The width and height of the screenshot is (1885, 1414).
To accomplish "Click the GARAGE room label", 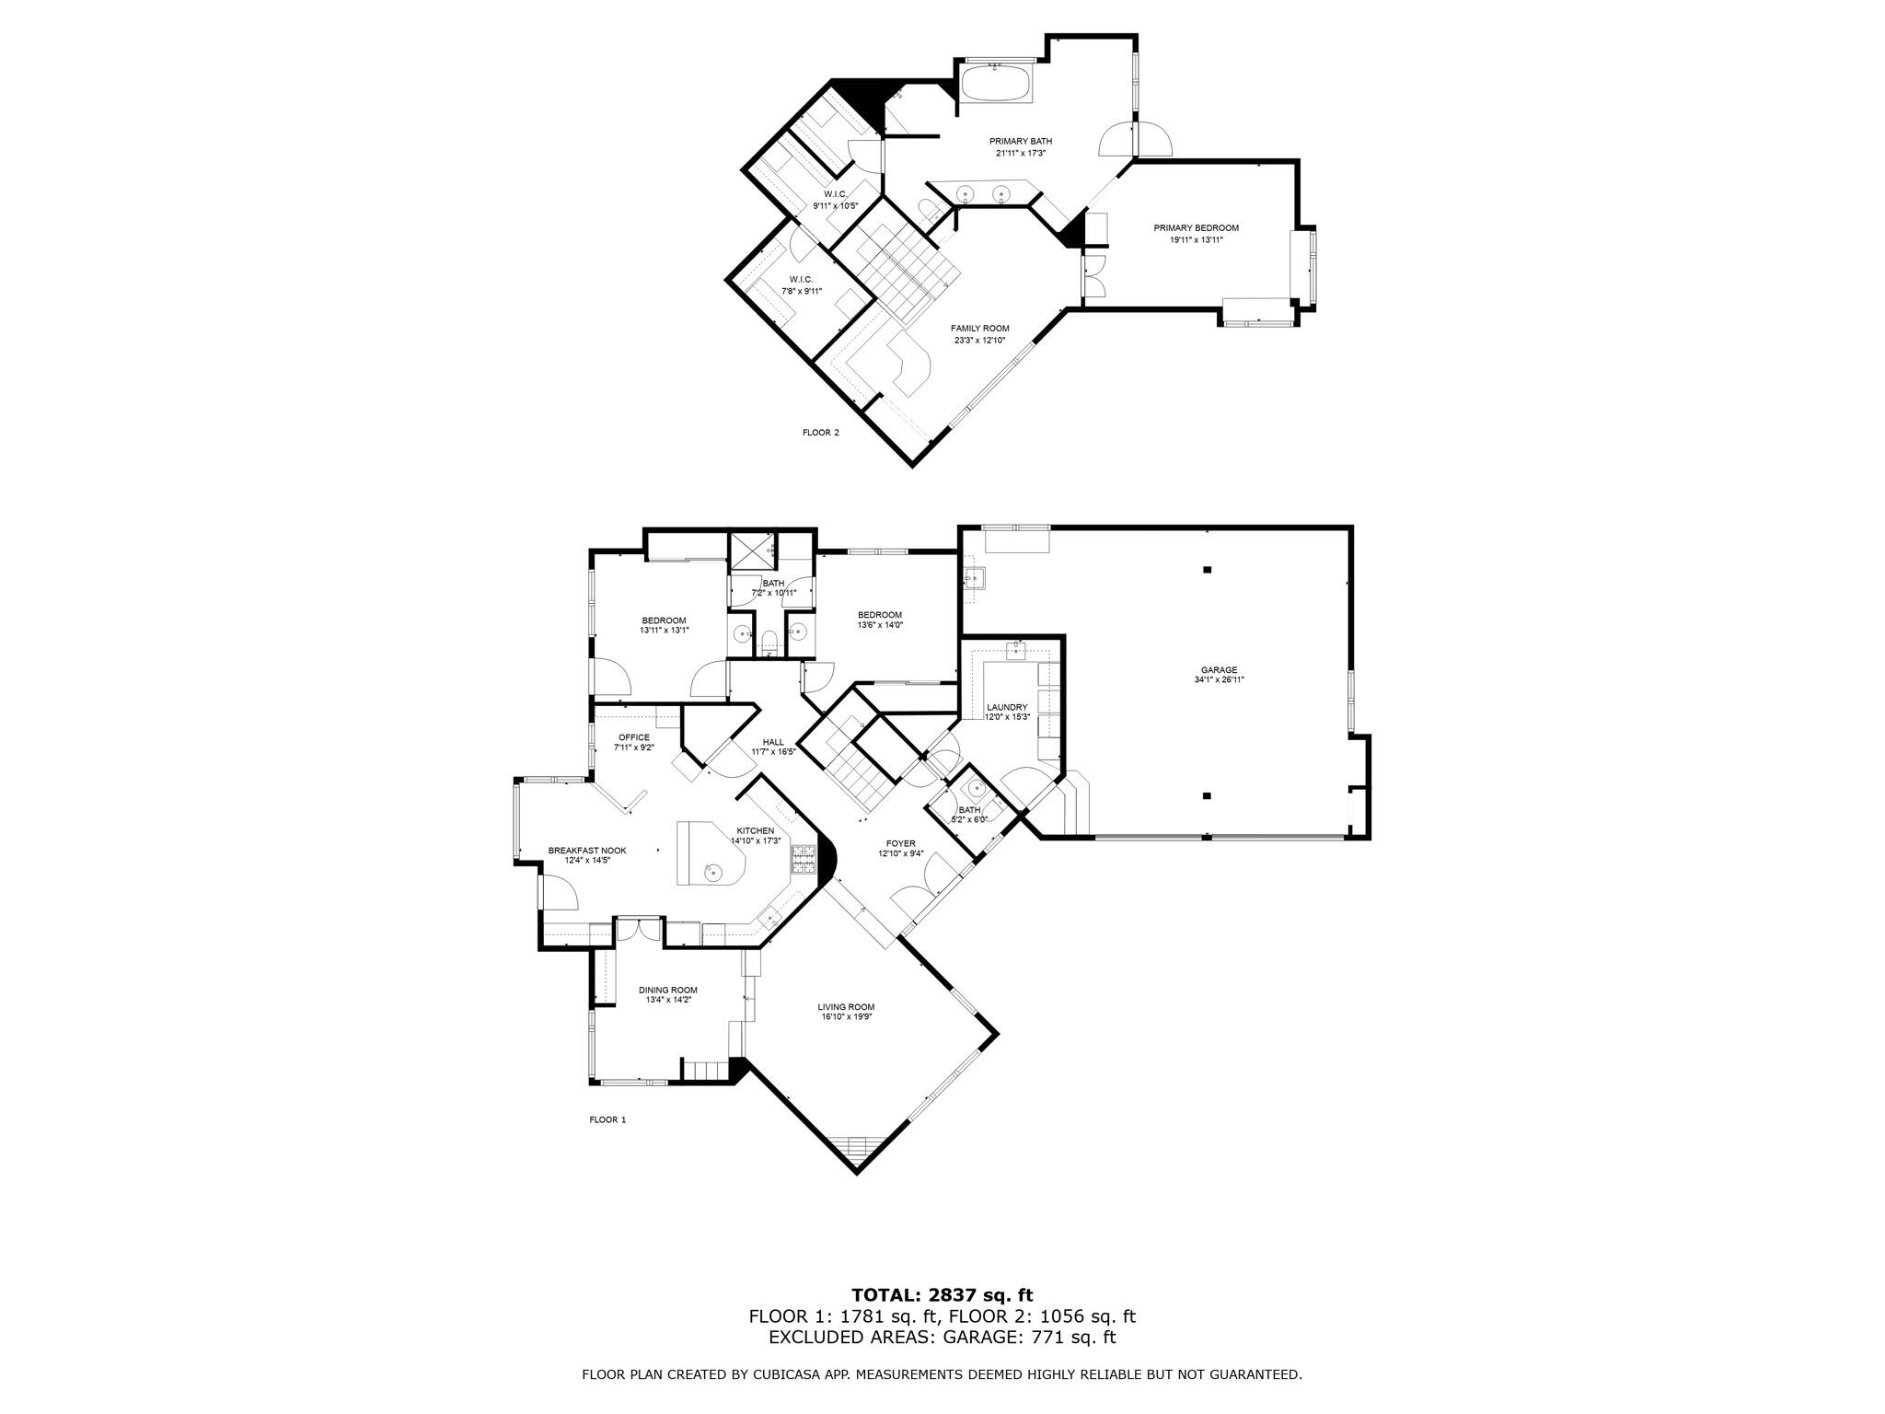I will (1218, 669).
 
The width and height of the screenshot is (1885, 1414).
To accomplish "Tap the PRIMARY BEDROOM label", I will (1196, 227).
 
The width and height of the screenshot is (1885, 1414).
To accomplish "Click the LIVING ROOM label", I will (846, 1006).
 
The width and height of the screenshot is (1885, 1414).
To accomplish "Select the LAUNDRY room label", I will (1006, 707).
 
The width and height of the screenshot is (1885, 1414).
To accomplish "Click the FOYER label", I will (900, 843).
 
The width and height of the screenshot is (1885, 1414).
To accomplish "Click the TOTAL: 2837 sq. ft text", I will (942, 1295).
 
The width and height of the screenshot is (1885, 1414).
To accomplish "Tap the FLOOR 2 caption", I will (821, 432).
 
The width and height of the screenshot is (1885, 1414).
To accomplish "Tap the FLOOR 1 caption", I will (607, 1119).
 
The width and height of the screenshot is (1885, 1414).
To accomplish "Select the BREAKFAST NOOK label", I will (587, 851).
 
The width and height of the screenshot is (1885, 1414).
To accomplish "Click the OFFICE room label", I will (633, 737).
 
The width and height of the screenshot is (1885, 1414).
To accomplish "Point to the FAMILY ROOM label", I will (979, 329).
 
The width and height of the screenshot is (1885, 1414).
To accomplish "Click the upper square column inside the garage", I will (1207, 570).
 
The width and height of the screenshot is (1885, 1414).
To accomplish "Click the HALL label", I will (773, 742).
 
